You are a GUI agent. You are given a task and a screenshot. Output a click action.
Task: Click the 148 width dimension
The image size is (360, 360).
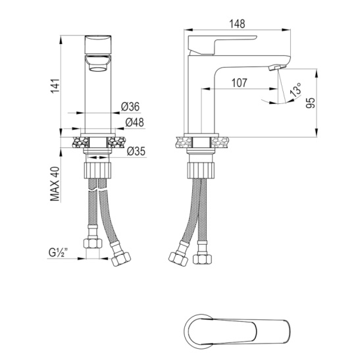tap(238, 24)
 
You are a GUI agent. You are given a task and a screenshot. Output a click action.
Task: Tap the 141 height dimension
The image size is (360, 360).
tap(55, 86)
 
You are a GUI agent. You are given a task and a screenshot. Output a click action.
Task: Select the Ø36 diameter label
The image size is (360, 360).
tap(130, 107)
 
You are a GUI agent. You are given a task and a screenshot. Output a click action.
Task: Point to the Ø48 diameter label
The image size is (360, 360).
tap(135, 122)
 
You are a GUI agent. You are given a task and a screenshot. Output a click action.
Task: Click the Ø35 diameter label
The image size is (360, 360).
tap(136, 151)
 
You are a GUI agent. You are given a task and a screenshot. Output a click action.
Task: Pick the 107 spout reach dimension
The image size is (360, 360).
tap(240, 83)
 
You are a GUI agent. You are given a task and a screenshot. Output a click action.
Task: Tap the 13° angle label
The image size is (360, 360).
tap(296, 90)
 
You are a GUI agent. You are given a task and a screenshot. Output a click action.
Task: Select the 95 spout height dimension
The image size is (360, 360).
tap(311, 103)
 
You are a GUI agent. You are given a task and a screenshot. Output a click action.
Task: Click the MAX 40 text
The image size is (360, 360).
tap(55, 184)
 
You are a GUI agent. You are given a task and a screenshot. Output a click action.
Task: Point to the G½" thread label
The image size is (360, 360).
tap(59, 253)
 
